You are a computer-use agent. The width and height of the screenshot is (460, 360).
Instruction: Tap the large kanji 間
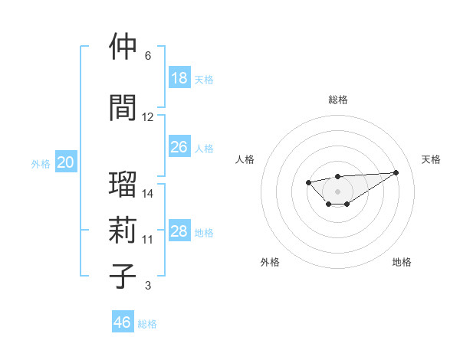click(x=123, y=108)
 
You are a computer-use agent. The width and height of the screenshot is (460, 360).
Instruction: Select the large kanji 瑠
click(x=123, y=185)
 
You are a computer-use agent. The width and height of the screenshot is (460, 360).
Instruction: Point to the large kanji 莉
click(x=123, y=231)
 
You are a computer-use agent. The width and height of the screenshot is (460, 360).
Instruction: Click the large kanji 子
click(x=123, y=277)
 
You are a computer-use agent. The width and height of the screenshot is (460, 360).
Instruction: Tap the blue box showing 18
click(x=179, y=77)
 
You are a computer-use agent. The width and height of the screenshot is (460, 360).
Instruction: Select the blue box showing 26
click(x=179, y=146)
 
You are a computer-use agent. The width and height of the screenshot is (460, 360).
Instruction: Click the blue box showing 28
click(x=179, y=231)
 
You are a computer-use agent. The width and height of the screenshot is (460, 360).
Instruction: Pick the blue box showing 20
click(x=66, y=162)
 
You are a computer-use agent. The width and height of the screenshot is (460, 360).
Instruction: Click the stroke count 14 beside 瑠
click(x=148, y=194)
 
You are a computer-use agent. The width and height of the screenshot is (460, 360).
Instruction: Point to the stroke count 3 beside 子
click(x=148, y=286)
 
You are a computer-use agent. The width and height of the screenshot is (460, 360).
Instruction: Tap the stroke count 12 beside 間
click(x=148, y=117)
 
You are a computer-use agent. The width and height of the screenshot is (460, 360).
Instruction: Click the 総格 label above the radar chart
click(x=338, y=100)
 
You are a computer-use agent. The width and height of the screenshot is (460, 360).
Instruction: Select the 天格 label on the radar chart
click(x=431, y=159)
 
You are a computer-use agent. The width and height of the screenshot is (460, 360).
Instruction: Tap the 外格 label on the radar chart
click(x=270, y=262)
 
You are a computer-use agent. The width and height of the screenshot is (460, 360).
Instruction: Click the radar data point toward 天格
click(x=396, y=172)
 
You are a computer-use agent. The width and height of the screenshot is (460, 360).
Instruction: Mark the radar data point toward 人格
click(x=308, y=182)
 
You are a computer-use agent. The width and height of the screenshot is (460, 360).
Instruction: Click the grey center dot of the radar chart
click(x=338, y=191)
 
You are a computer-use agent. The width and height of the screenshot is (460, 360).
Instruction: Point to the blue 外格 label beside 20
click(x=41, y=163)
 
